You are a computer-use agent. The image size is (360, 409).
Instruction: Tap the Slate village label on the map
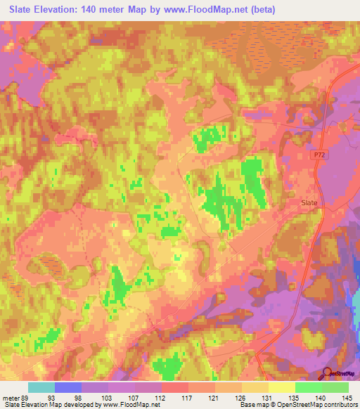[309, 202]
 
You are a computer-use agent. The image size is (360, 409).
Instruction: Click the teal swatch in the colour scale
[41, 387]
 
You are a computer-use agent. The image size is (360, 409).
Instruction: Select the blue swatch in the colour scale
[68, 387]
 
